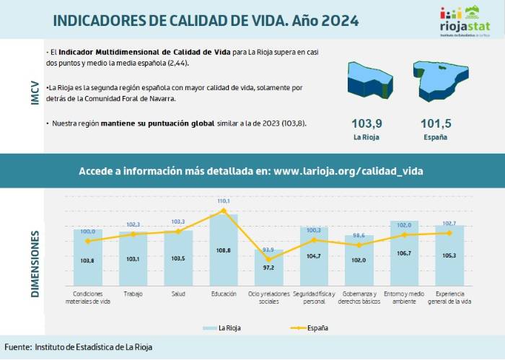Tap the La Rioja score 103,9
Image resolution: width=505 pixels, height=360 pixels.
click(366, 123)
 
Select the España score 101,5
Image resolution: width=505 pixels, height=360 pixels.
click(435, 123)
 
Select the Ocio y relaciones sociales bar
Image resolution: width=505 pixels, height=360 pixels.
click(268, 268)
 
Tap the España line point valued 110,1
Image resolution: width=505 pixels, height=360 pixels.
click(223, 211)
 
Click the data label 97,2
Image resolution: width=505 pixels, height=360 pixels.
click(268, 267)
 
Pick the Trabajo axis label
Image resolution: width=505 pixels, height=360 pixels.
click(133, 294)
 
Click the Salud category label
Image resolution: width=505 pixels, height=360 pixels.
click(178, 294)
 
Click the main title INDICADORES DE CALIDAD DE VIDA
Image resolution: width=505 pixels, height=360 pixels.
click(206, 20)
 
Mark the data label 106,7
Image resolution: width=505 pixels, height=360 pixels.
click(404, 253)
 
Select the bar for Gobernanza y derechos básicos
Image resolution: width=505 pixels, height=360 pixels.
click(359, 260)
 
